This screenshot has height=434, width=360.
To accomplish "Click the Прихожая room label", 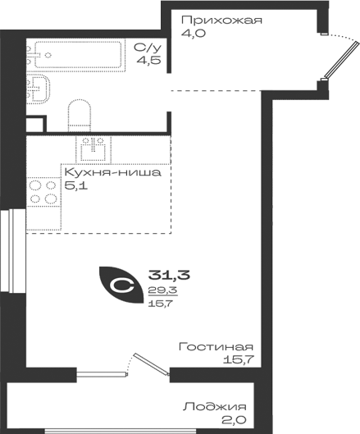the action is click(x=221, y=21).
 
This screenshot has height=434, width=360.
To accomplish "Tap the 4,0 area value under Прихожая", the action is click(x=194, y=33).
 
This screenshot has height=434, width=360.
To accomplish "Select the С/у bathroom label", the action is click(x=148, y=48).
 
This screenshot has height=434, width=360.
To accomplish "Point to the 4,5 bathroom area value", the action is click(x=148, y=60).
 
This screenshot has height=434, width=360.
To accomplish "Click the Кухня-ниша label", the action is click(x=112, y=172).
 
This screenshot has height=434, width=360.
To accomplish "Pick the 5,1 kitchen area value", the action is click(x=75, y=185).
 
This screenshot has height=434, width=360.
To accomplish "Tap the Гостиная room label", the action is click(x=216, y=347).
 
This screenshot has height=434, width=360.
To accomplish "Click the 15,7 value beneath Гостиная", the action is click(x=239, y=359).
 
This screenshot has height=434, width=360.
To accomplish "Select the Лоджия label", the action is click(x=215, y=407).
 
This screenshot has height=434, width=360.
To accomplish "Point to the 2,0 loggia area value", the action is click(x=234, y=420).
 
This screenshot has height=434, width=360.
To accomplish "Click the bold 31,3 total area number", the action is click(x=169, y=275).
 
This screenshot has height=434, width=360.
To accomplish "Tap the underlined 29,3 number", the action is click(x=163, y=290).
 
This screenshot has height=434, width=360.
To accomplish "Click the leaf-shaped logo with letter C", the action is click(x=121, y=285).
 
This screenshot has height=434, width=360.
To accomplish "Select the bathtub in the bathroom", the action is click(x=78, y=55).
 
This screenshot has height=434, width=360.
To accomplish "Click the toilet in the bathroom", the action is click(x=80, y=116).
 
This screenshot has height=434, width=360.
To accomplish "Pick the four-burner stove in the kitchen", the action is click(x=43, y=191).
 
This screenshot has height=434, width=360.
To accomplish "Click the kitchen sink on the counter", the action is click(x=93, y=149).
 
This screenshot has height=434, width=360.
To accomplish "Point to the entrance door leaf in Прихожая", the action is click(x=342, y=60).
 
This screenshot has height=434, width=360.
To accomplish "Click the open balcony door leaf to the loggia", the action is click(x=152, y=364).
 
